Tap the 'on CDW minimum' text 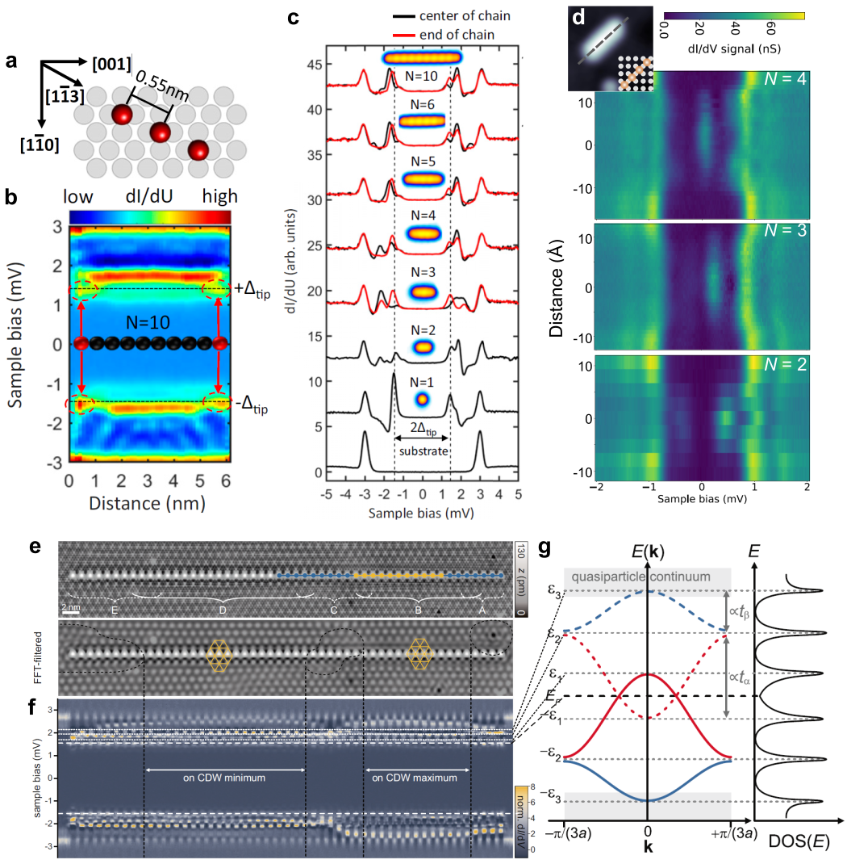click(x=224, y=778)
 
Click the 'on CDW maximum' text click(x=417, y=778)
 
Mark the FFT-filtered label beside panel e click(x=48, y=654)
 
